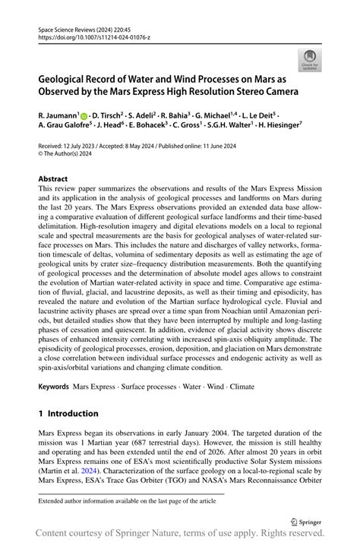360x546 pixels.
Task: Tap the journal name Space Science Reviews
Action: [x=69, y=26]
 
